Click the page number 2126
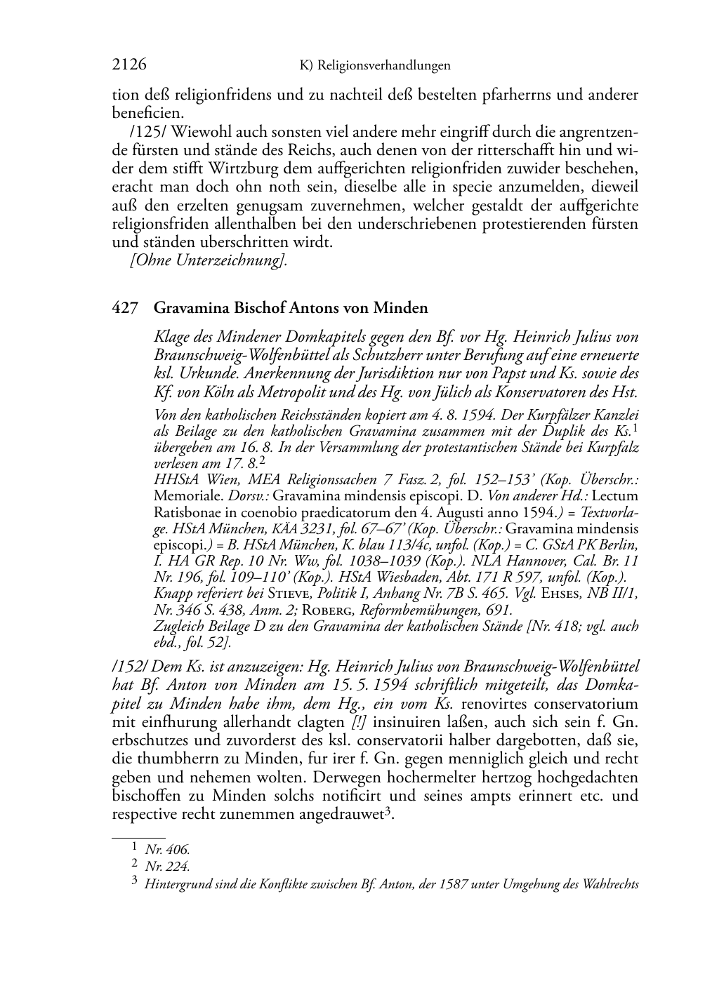(x=129, y=65)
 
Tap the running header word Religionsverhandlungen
(x=384, y=65)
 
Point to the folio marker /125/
(x=147, y=131)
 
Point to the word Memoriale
(x=180, y=495)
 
